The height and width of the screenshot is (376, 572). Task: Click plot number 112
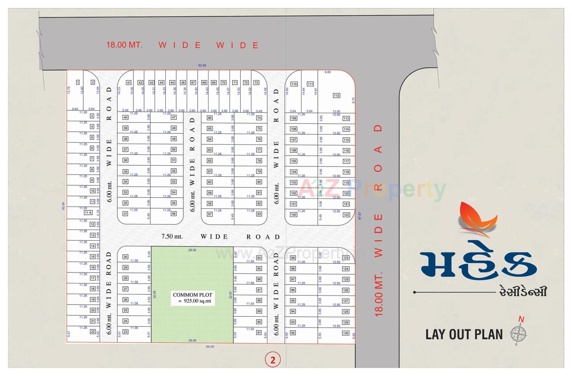point(336,96)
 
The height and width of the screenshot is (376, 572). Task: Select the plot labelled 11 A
point(88,213)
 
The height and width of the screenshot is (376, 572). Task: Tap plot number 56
point(174,214)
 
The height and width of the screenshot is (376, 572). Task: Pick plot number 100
point(293,215)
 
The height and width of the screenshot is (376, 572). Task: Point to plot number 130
point(346,333)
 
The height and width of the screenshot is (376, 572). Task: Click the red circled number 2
point(273,360)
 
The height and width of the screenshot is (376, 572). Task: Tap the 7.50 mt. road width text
point(172,237)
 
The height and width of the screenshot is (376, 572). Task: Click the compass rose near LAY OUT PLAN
point(518,334)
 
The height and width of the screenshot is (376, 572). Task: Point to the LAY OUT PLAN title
point(464,335)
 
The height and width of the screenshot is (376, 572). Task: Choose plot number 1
point(78,82)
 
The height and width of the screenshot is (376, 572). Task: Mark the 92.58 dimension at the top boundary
point(202,65)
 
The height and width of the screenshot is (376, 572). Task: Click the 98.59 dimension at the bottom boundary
point(210,347)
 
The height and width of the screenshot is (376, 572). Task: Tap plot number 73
point(256,83)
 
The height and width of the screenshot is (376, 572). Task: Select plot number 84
point(259,258)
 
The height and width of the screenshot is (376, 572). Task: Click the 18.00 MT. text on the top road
point(125,45)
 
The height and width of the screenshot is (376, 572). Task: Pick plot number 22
point(93,332)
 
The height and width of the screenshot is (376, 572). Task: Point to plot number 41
point(129,83)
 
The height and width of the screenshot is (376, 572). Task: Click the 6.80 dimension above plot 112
point(327,72)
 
